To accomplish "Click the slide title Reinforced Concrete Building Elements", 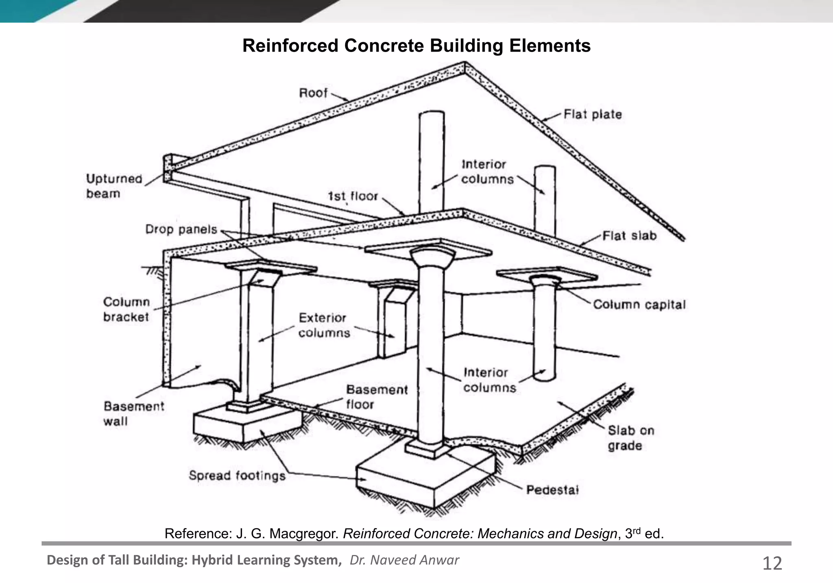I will pyautogui.click(x=416, y=46).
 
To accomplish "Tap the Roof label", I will pyautogui.click(x=313, y=93).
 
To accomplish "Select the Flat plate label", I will pyautogui.click(x=593, y=114).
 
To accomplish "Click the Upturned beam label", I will pyautogui.click(x=114, y=186).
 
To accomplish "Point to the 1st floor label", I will pyautogui.click(x=353, y=196).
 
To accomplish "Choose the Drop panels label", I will pyautogui.click(x=181, y=229).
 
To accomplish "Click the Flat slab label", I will pyautogui.click(x=629, y=236).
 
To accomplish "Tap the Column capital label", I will pyautogui.click(x=639, y=305).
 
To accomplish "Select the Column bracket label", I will pyautogui.click(x=126, y=309).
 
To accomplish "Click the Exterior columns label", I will pyautogui.click(x=324, y=325).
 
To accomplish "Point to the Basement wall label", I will pyautogui.click(x=133, y=413).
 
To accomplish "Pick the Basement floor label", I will pyautogui.click(x=376, y=397).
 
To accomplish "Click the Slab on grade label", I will pyautogui.click(x=630, y=438).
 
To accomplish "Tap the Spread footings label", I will pyautogui.click(x=237, y=476).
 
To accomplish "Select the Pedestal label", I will pyautogui.click(x=552, y=489).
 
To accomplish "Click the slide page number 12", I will pyautogui.click(x=772, y=563).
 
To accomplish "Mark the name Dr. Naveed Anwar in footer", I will pyautogui.click(x=404, y=560).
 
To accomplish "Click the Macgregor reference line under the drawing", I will pyautogui.click(x=414, y=533).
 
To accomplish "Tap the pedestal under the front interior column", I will pyautogui.click(x=427, y=450).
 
